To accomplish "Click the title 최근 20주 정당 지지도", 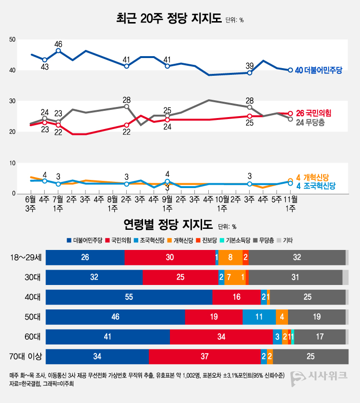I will [168, 19].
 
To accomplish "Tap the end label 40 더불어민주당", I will [318, 70].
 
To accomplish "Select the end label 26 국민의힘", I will [314, 113].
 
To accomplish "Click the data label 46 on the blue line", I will [58, 43].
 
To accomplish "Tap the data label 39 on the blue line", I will [250, 65].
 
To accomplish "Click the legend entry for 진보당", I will [209, 240].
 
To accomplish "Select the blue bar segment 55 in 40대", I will [129, 297].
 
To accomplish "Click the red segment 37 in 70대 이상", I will [204, 356].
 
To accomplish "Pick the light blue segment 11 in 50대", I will [259, 317].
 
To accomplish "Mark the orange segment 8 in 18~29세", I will [230, 258].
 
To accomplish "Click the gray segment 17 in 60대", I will [320, 337].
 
